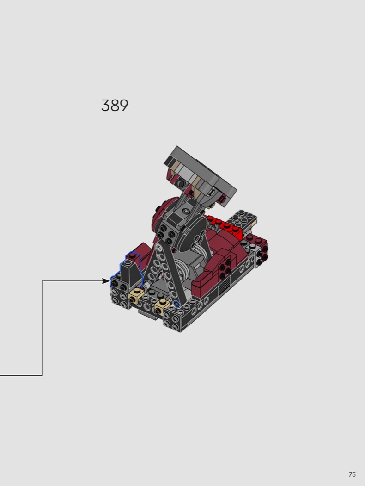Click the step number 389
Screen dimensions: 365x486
[115, 106]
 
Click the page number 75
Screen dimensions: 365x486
[352, 474]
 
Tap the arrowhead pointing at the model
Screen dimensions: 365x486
[106, 281]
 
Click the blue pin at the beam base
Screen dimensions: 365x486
[176, 304]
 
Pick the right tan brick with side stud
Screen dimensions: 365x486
[161, 307]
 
